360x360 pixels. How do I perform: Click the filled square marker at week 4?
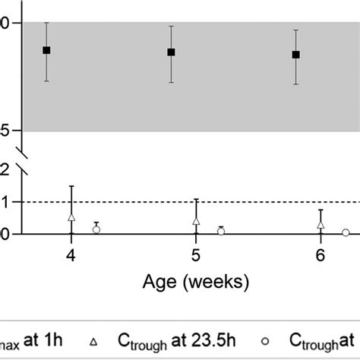click(x=46, y=50)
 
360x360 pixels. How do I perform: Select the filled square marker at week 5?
click(x=171, y=52)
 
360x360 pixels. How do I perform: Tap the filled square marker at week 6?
click(x=295, y=55)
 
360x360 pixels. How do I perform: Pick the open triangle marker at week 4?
click(x=71, y=217)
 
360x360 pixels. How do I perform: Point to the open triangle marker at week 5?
click(x=196, y=221)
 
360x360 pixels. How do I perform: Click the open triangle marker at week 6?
click(x=321, y=225)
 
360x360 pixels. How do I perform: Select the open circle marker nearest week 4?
click(x=96, y=229)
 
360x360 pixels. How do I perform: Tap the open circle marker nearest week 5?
click(x=221, y=231)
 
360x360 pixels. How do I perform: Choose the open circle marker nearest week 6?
click(x=346, y=233)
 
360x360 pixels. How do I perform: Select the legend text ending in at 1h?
click(x=30, y=343)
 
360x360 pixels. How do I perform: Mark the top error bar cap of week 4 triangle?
click(x=71, y=186)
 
